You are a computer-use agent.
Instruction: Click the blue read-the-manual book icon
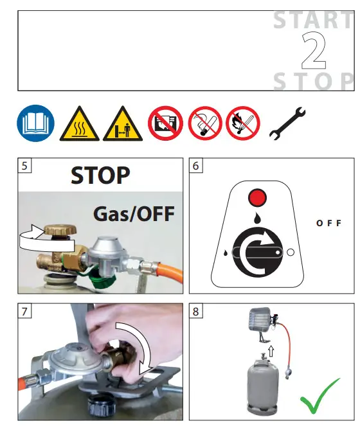[x=32, y=123]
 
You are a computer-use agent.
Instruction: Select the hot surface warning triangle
[x=80, y=125]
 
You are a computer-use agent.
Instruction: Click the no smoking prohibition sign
[x=205, y=123]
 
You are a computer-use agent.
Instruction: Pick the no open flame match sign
[x=244, y=123]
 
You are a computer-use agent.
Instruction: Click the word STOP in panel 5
[x=100, y=174]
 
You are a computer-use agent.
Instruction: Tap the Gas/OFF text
[x=133, y=213]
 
